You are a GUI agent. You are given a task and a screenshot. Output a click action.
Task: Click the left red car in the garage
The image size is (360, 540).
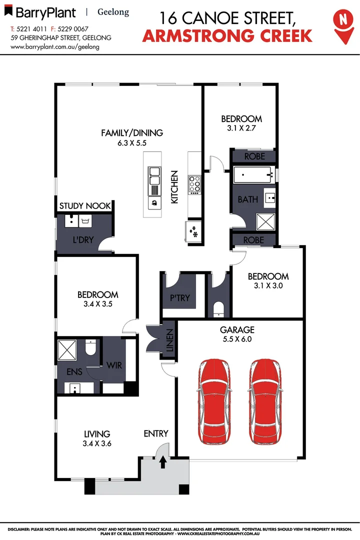[215, 401]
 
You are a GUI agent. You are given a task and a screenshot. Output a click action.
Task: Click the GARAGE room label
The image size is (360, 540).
[237, 330]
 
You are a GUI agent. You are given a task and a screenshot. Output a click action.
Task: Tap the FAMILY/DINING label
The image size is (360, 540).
[132, 133]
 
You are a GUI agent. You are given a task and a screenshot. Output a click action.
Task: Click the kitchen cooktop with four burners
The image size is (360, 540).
[194, 184]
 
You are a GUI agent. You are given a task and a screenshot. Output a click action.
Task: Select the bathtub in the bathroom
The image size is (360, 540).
[253, 175]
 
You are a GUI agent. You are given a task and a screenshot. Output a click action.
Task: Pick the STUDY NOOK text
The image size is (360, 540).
[85, 205]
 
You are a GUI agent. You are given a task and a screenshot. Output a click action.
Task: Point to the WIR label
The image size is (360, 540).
[114, 365]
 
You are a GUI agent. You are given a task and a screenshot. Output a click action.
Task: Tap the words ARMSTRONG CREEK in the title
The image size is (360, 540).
[227, 35]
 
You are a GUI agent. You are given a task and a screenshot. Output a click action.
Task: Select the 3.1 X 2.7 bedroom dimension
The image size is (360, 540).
[241, 127]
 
